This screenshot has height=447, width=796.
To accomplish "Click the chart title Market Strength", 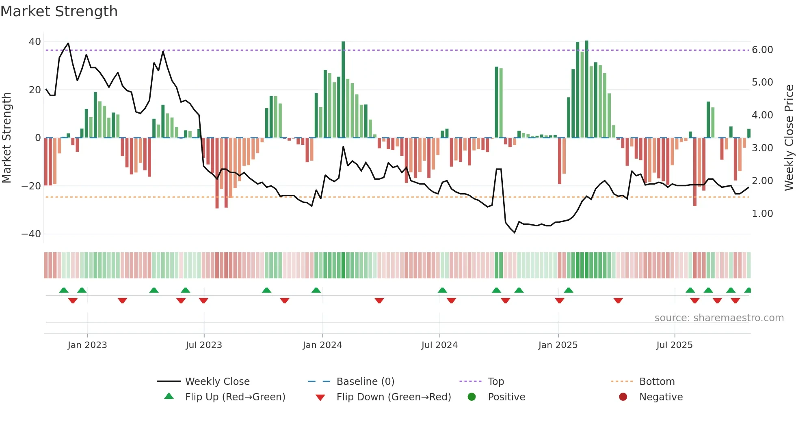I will tap(59, 11).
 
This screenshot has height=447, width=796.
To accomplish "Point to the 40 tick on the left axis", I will tap(35, 42).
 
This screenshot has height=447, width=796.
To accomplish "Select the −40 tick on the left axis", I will tap(31, 234).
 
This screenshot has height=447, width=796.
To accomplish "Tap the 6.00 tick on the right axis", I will tap(762, 50).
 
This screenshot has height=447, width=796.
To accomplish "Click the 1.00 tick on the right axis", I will tap(762, 214).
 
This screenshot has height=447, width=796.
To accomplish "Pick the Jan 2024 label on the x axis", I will tap(322, 345).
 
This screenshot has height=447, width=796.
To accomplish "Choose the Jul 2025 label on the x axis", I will tap(675, 345).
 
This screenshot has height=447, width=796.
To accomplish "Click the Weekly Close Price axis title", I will tap(789, 138).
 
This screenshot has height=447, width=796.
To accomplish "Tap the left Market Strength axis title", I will tap(6, 138).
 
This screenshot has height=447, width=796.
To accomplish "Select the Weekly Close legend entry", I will tap(217, 382).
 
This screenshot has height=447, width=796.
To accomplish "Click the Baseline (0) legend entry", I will tap(366, 382).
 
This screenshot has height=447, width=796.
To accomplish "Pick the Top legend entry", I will tap(496, 382).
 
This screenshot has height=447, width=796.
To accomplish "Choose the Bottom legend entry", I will tap(657, 382).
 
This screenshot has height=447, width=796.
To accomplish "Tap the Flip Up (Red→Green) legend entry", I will tap(235, 397).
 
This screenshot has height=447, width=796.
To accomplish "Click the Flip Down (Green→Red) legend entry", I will tap(394, 397).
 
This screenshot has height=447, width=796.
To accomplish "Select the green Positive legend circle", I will tap(472, 397).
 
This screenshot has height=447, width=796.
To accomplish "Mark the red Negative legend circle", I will tap(623, 397).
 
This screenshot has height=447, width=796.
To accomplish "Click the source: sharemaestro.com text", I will tap(719, 318).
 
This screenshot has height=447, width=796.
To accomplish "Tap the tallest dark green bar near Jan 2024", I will tap(343, 89).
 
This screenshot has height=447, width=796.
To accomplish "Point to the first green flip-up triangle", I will tap(64, 290).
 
